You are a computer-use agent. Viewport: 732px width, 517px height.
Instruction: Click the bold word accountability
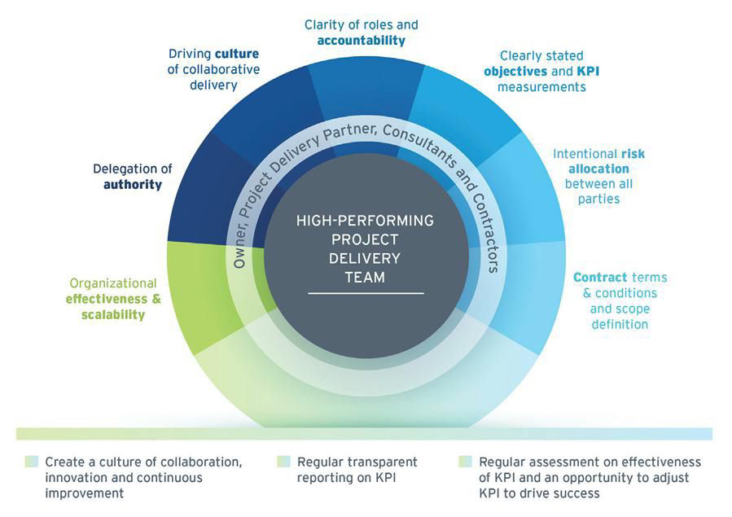361,41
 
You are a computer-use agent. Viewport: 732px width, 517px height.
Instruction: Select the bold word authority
132,185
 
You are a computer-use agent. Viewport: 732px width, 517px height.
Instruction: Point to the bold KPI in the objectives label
588,71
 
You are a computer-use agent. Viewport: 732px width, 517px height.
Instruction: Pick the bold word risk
633,153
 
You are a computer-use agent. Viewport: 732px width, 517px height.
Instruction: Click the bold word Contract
600,278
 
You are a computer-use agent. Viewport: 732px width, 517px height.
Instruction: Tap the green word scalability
113,314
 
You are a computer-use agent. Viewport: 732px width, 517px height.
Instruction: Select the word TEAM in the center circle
364,277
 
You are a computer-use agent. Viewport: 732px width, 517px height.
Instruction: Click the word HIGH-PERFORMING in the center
364,221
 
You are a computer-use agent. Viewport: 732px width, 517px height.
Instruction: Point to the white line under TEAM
364,292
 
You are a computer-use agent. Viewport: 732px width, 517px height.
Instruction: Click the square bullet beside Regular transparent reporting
283,462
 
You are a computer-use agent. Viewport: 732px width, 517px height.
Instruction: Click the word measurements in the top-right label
541,86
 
